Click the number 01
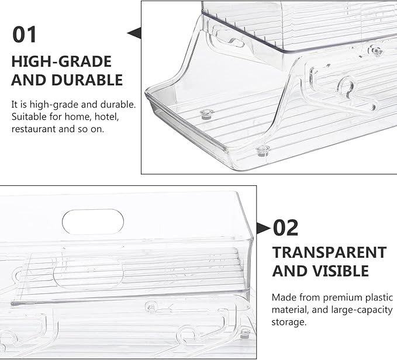[x=25, y=34]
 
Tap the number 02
[x=285, y=228]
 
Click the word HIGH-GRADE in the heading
[x=61, y=62]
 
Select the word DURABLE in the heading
[x=87, y=80]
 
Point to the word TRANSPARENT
[x=329, y=252]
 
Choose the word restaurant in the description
[x=34, y=129]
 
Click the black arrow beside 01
[x=134, y=33]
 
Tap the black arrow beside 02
[x=264, y=228]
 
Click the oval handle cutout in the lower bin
[x=93, y=221]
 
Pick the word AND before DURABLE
[x=29, y=80]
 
